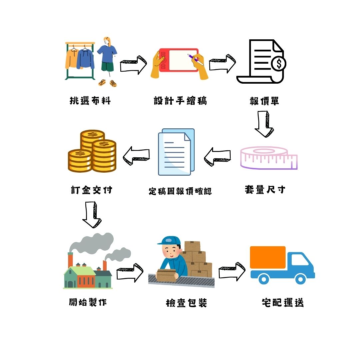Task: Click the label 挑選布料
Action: click(x=90, y=101)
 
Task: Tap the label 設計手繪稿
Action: click(x=180, y=101)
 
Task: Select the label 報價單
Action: click(x=264, y=101)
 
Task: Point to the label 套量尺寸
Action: click(x=265, y=190)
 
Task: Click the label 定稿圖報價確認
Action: click(x=180, y=191)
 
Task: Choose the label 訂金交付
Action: click(x=91, y=190)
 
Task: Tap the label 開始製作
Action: click(x=88, y=302)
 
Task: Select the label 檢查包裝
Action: click(x=186, y=303)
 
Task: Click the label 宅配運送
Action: click(x=283, y=302)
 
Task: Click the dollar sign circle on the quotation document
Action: click(x=278, y=64)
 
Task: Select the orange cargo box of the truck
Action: click(x=268, y=257)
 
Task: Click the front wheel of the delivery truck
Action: click(x=300, y=279)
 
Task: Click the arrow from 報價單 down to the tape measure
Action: click(x=264, y=124)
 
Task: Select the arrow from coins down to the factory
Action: click(x=92, y=215)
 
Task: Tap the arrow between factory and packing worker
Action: click(x=130, y=273)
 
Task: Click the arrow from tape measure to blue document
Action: click(x=217, y=157)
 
